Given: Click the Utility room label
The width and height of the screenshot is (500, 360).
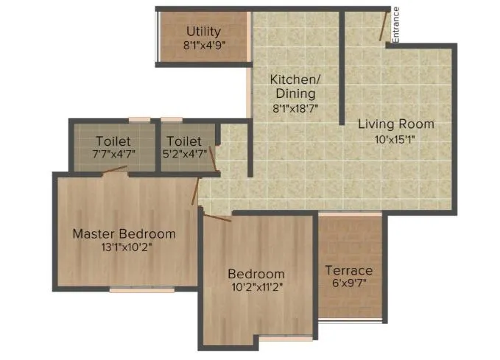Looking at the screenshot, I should coord(203,32).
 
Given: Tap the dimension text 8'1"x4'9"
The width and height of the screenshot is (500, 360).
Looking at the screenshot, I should coord(203,45).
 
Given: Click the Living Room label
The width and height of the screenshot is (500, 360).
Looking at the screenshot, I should coord(396,124).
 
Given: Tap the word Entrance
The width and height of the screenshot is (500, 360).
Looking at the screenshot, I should coord(396,25).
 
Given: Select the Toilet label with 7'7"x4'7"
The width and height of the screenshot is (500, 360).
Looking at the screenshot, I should coord(113,141).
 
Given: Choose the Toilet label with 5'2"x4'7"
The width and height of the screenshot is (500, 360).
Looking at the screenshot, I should coord(184,141).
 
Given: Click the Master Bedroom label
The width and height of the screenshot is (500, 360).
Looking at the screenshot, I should coord(124,234).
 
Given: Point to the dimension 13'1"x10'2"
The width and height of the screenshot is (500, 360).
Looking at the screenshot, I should coord(124,247).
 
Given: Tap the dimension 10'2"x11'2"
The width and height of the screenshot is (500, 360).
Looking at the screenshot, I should coord(256,287).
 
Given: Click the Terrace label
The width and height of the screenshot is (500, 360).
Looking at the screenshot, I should coord(349,270).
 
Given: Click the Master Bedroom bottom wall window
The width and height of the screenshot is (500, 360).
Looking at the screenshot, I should coord(142,290).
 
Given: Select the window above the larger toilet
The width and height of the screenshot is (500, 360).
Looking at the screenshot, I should coord(139,119).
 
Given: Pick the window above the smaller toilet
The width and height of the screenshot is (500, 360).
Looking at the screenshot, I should coord(172,119).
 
